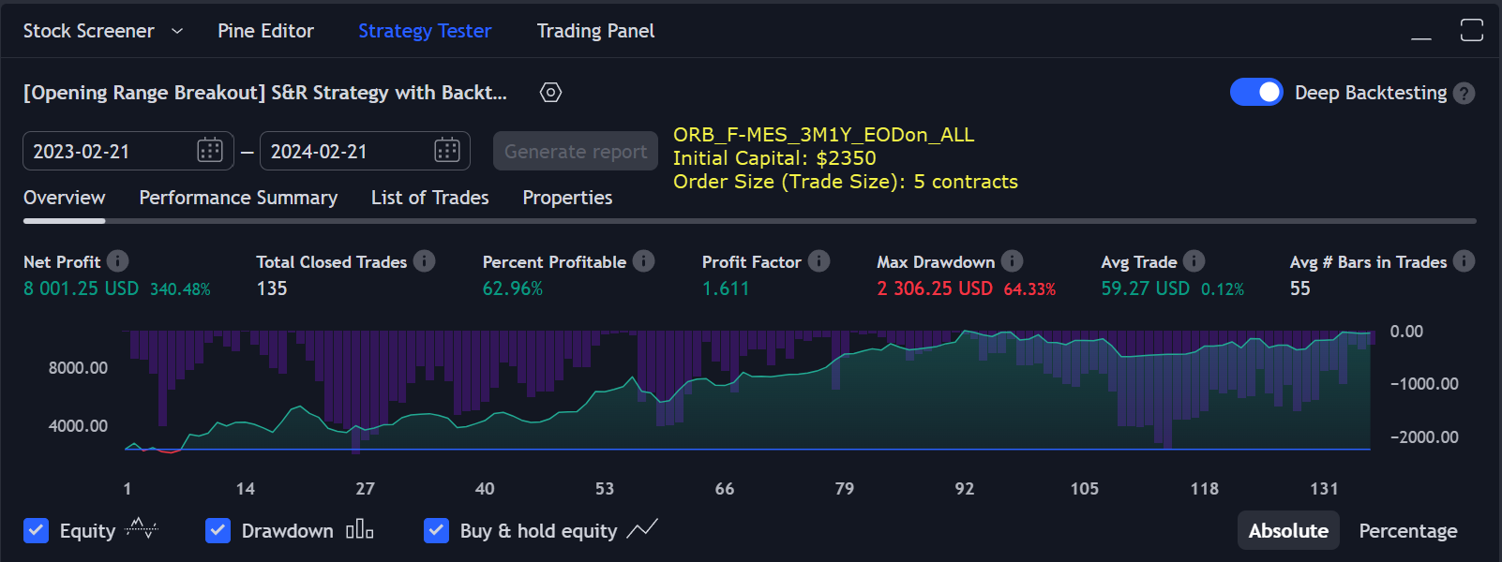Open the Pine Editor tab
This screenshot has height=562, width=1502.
265,31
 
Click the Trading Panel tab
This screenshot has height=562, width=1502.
595,31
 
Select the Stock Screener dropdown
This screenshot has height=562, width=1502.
102,31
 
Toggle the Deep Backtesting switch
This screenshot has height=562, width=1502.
1256,92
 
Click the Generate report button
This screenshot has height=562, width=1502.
576,151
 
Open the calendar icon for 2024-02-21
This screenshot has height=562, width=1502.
447,150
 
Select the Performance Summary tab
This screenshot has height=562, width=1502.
238,198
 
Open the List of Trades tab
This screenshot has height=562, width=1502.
429,198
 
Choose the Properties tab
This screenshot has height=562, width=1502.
567,198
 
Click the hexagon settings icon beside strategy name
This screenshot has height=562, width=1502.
550,92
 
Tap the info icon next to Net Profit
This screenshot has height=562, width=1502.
117,261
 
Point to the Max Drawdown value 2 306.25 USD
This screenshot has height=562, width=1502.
934,288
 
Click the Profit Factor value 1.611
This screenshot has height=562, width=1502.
726,288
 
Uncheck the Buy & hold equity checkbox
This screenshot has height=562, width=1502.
436,530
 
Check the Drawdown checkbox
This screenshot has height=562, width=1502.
218,530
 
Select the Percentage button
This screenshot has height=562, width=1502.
1407,531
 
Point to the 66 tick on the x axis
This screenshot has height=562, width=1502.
725,489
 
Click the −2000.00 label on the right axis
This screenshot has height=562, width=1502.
1424,437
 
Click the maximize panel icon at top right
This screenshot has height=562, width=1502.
1471,30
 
